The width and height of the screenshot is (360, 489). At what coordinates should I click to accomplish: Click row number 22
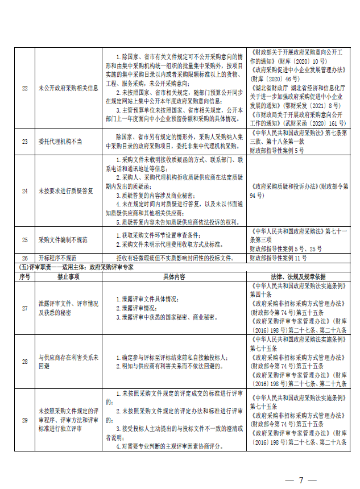pos(24,88)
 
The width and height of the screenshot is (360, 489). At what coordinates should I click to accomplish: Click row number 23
pos(24,141)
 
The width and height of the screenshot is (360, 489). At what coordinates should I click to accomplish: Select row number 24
pos(24,191)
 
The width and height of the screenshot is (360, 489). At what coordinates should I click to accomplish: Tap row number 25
pos(24,241)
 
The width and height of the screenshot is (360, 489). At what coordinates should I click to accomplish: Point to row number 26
pos(24,258)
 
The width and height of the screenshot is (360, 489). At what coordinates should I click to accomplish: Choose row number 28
pos(24,362)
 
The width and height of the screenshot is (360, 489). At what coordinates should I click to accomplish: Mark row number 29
pos(24,420)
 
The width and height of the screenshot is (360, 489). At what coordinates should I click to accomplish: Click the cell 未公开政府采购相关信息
pos(68,88)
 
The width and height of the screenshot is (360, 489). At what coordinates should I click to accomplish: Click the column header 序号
pos(24,276)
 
